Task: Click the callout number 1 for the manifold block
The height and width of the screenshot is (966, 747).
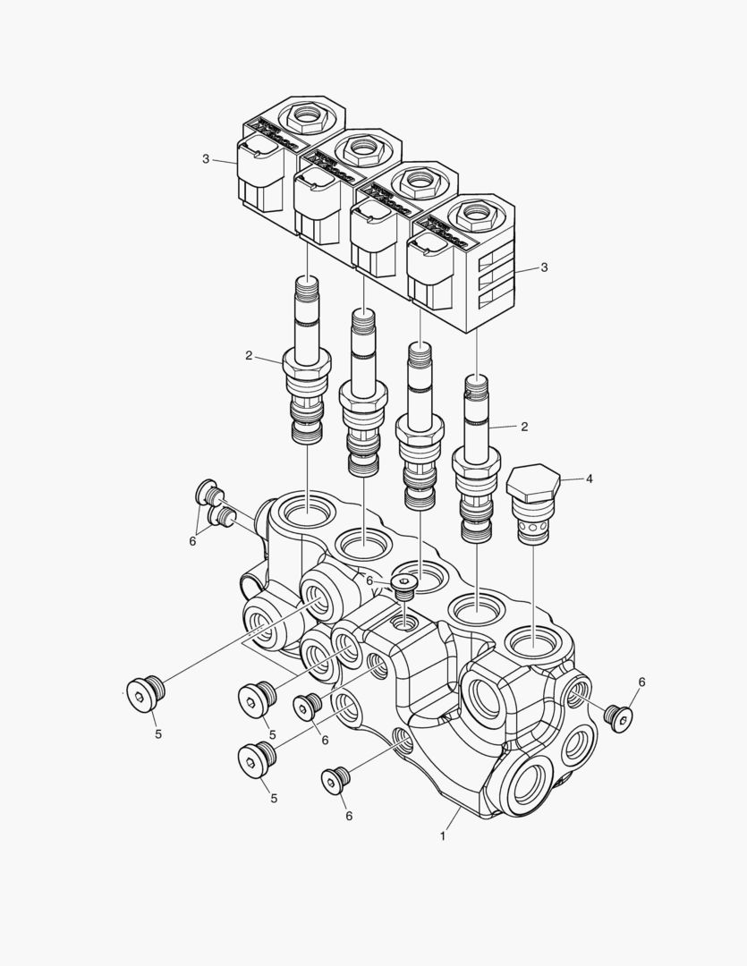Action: pyautogui.click(x=442, y=836)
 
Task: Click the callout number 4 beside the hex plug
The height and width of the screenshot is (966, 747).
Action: pyautogui.click(x=590, y=479)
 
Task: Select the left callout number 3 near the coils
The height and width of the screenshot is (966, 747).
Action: pyautogui.click(x=206, y=159)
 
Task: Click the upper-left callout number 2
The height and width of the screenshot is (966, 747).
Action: pyautogui.click(x=250, y=355)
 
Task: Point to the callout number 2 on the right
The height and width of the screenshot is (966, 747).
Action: pyautogui.click(x=524, y=427)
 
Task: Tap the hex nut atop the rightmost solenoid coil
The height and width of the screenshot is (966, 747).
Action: pyautogui.click(x=472, y=215)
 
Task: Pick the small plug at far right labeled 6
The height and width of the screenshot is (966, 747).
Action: pyautogui.click(x=617, y=716)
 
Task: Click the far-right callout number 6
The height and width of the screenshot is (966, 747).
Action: pyautogui.click(x=641, y=682)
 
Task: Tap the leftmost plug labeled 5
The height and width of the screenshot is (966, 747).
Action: pyautogui.click(x=142, y=695)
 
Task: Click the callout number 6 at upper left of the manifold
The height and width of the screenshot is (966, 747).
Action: pyautogui.click(x=191, y=540)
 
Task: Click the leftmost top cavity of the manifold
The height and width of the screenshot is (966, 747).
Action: pyautogui.click(x=307, y=513)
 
